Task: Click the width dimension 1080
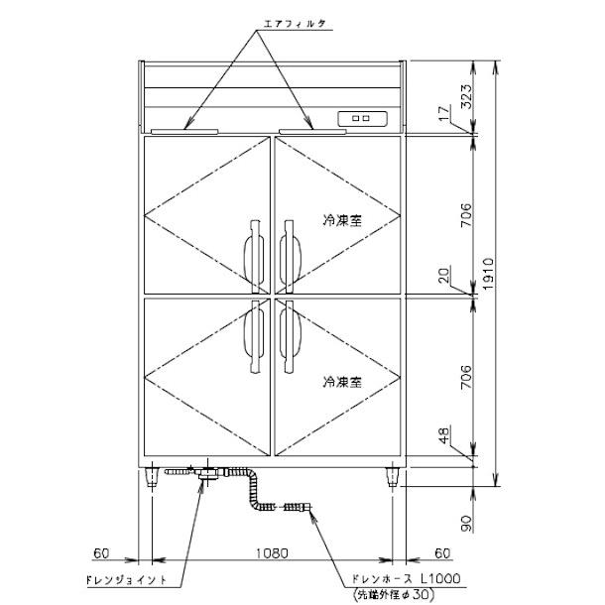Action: click(x=273, y=551)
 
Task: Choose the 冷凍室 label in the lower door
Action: click(x=340, y=380)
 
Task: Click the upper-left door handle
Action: click(x=252, y=252)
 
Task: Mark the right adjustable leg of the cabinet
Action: click(x=393, y=479)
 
